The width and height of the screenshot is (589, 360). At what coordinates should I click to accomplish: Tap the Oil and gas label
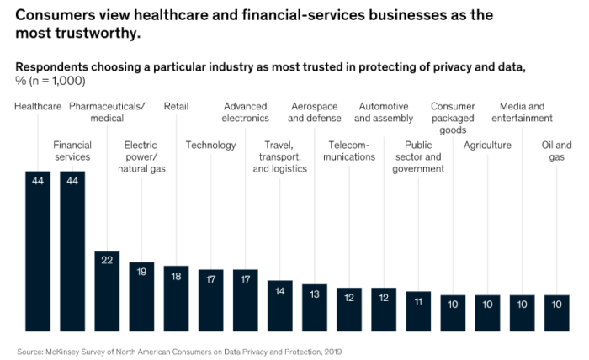(556, 151)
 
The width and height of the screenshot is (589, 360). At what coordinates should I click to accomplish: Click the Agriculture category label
(487, 146)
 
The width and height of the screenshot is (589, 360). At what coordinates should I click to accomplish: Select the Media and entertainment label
(522, 113)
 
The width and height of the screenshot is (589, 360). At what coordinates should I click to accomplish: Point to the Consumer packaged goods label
(453, 119)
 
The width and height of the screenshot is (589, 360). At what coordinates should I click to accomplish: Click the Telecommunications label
(349, 151)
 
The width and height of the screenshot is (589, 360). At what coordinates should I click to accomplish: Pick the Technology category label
(210, 146)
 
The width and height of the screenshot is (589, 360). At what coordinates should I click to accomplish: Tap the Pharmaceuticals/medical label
(107, 113)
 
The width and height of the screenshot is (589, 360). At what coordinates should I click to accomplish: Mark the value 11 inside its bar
(418, 301)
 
